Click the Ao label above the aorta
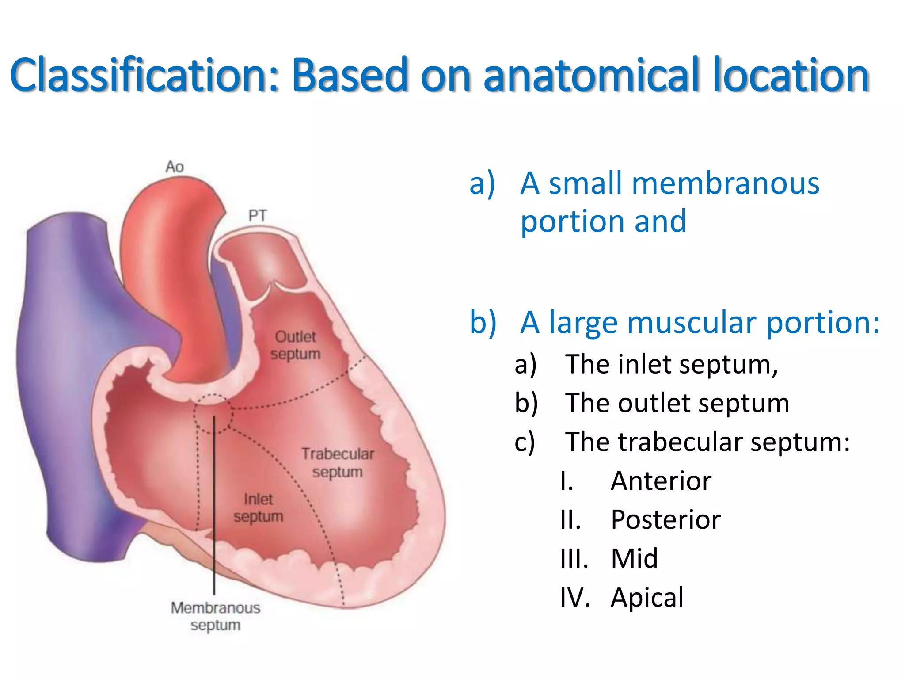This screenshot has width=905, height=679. [x=174, y=167]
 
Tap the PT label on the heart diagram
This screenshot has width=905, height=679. [x=257, y=216]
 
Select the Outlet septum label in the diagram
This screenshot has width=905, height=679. [x=295, y=345]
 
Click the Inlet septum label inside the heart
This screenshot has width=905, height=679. [x=258, y=508]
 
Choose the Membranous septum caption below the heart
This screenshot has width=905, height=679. [x=216, y=616]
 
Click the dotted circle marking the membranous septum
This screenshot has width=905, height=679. [x=212, y=414]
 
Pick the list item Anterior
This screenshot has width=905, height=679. [x=661, y=481]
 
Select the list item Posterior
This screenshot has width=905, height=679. [x=665, y=519]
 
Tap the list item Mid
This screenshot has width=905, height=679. [x=635, y=558]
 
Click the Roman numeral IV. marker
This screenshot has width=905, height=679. [x=575, y=597]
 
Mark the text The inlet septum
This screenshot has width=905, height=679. [x=672, y=365]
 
